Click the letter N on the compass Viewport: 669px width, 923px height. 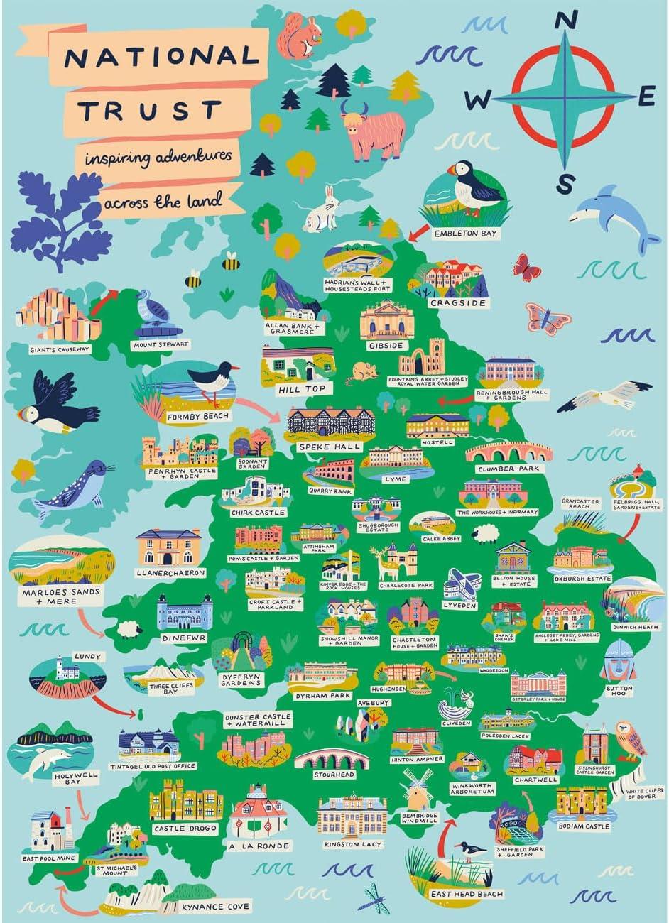[565, 23]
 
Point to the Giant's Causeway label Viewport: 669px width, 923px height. [50, 349]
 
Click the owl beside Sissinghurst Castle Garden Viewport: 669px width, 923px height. [630, 739]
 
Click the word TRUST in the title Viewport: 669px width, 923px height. [148, 110]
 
